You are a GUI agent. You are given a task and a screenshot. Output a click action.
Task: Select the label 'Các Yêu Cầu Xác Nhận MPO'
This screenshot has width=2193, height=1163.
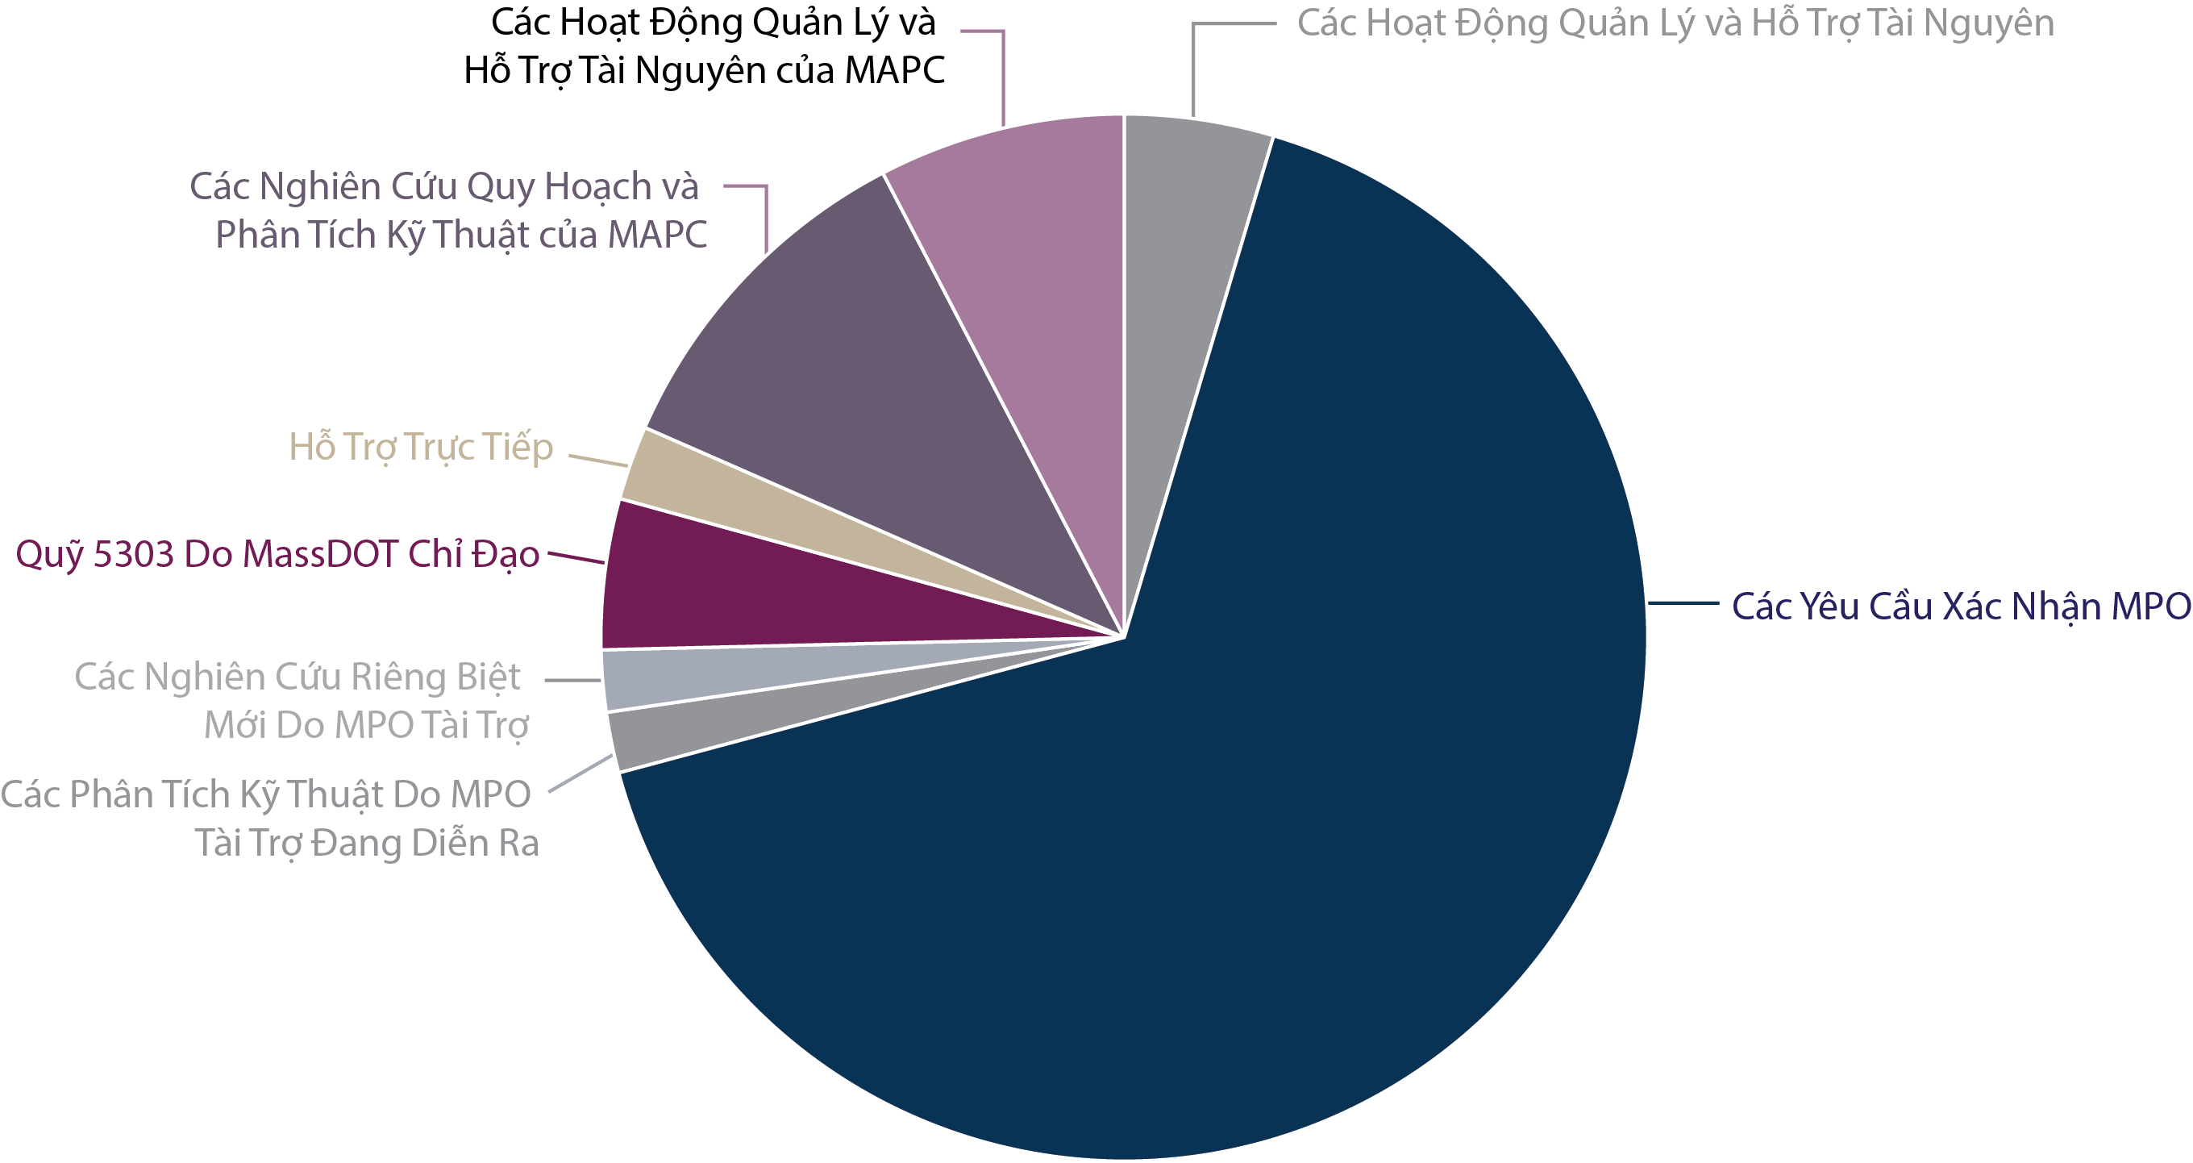1961,607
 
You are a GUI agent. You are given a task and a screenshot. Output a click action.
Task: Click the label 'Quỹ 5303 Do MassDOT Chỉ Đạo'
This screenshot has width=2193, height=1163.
277,555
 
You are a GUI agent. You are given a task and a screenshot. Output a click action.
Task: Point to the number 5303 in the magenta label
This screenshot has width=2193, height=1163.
133,555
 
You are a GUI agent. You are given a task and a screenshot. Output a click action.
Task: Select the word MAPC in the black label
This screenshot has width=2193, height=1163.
894,71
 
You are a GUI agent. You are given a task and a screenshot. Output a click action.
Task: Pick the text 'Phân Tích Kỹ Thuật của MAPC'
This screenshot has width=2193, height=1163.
460,236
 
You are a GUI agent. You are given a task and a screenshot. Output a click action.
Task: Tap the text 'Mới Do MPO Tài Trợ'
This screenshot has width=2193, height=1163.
366,726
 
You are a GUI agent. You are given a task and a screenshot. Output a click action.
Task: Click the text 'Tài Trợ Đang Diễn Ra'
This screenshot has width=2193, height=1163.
367,844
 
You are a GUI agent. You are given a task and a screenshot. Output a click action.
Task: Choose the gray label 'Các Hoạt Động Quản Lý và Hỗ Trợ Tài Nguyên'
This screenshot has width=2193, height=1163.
1675,23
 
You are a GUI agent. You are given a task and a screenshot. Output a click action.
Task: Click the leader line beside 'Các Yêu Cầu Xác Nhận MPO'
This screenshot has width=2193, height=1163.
1683,603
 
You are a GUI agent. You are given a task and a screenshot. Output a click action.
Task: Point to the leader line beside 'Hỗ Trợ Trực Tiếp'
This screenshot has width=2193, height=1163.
597,461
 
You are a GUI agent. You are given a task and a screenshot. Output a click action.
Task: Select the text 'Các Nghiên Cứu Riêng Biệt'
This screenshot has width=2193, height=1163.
298,677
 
